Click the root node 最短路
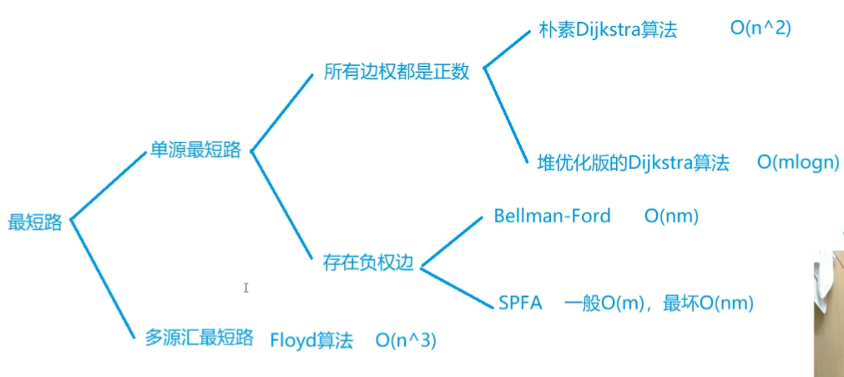tap(35, 222)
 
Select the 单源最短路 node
tap(195, 150)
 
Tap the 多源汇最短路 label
tap(199, 338)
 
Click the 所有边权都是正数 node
tap(397, 72)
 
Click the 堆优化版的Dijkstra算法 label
tap(633, 162)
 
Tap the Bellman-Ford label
tap(552, 216)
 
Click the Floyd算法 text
tap(311, 340)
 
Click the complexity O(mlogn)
tap(798, 163)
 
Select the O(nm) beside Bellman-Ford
tap(671, 217)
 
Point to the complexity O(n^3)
tap(406, 340)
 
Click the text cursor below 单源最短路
tap(245, 288)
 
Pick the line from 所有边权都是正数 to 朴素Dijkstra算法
tap(506, 50)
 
